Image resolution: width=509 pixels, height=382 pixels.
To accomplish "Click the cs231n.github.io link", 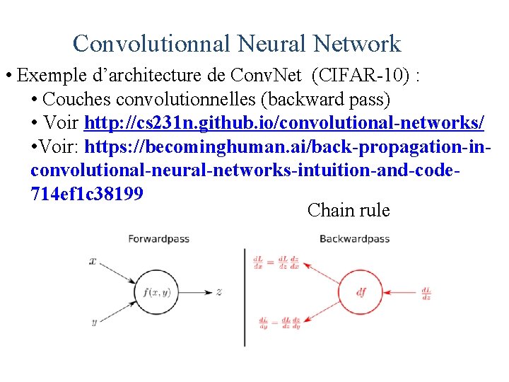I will click(x=283, y=123).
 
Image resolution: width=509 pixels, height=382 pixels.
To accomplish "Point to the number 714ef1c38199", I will click(x=87, y=194).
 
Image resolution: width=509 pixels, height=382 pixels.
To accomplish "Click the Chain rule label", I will click(x=349, y=210).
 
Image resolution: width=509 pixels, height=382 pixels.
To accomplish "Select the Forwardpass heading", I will click(x=158, y=239).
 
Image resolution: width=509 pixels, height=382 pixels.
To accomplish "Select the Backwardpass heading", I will click(x=354, y=239).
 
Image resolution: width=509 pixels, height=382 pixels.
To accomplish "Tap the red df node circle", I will click(x=361, y=291).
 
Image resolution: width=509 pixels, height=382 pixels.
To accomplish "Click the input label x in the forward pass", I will click(x=93, y=261).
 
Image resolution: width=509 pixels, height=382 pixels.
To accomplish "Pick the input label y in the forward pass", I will click(x=94, y=322).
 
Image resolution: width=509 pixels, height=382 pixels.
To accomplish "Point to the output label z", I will click(x=220, y=291).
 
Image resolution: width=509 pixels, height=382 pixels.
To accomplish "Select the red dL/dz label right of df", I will click(x=426, y=291).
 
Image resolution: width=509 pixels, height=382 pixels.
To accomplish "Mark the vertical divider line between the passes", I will click(x=245, y=297).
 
